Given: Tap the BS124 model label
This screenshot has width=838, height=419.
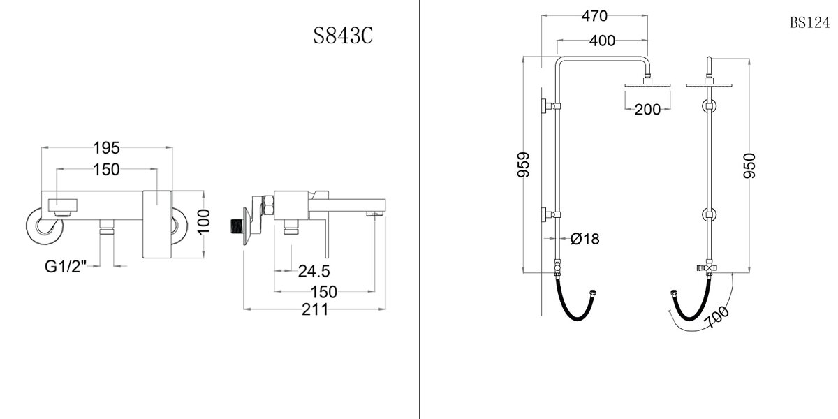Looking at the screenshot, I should click(x=809, y=22).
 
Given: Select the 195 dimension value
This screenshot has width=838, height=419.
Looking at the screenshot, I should click(x=108, y=147).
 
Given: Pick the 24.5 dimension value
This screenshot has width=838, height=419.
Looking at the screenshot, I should click(x=314, y=270).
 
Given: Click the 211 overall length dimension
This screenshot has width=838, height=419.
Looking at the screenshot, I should click(x=315, y=309).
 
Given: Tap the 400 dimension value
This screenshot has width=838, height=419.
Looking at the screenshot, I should click(x=602, y=41).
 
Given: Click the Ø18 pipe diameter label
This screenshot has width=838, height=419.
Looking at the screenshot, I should click(x=585, y=239).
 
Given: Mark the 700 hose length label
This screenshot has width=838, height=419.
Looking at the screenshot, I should click(x=719, y=318).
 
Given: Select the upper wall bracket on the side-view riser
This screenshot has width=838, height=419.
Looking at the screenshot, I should click(x=550, y=106).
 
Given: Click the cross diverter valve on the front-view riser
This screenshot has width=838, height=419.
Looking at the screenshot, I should click(x=710, y=268).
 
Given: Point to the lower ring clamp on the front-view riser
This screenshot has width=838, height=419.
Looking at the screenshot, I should click(x=710, y=214).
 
